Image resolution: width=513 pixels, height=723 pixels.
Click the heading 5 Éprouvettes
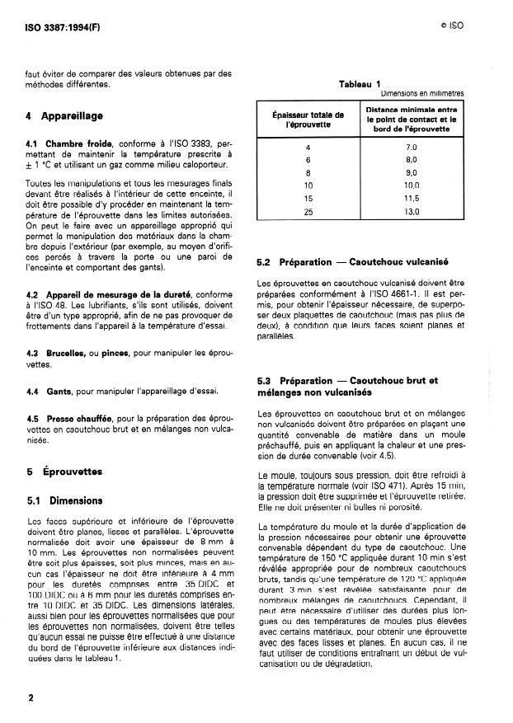click(x=64, y=472)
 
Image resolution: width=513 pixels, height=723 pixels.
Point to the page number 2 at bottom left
click(x=31, y=697)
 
